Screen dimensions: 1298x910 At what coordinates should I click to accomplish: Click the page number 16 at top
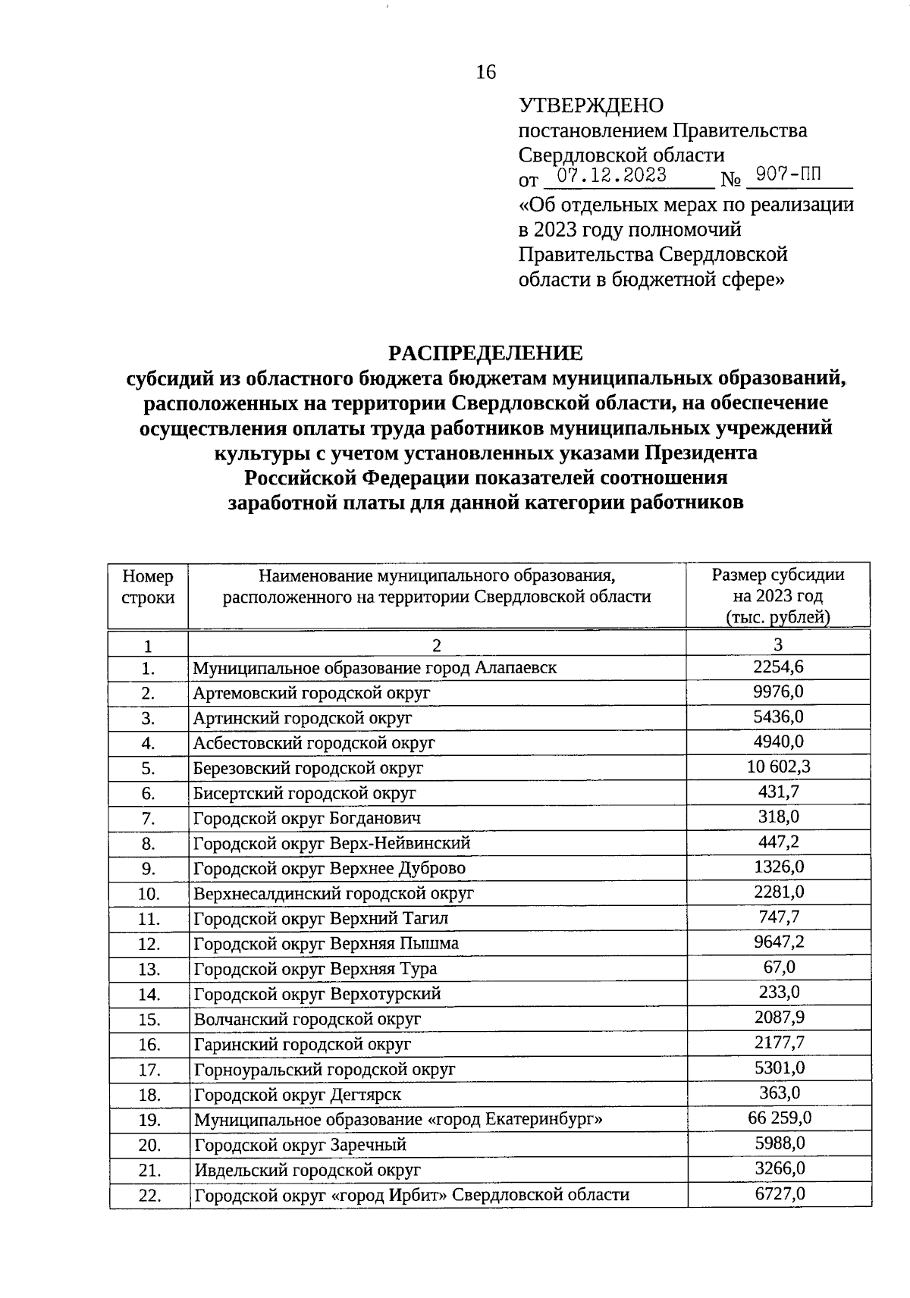tap(485, 72)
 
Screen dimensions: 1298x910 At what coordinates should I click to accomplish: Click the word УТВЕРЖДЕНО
tap(591, 105)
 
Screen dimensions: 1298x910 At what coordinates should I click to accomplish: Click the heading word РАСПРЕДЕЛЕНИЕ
tap(485, 353)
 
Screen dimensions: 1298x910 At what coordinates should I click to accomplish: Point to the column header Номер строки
tap(148, 586)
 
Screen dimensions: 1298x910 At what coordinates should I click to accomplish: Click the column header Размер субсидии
tap(778, 575)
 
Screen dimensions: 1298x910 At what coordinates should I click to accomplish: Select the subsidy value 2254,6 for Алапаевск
tap(778, 667)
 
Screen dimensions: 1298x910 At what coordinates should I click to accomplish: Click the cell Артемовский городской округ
tap(312, 693)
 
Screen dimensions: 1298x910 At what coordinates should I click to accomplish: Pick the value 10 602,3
tap(778, 767)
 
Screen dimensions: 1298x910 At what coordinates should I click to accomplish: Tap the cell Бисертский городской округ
tap(305, 793)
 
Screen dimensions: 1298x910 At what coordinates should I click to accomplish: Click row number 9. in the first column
tap(148, 869)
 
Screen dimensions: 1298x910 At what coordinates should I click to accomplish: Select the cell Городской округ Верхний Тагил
tap(322, 919)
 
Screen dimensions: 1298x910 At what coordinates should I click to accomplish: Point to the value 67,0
tap(779, 967)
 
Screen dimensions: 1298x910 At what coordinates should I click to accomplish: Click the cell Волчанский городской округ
tap(307, 1019)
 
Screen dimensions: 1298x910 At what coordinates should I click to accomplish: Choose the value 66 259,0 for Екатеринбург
tap(779, 1118)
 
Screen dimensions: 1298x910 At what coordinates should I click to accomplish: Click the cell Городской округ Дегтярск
tap(297, 1095)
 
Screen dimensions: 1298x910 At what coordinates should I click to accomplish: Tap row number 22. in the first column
tap(149, 1196)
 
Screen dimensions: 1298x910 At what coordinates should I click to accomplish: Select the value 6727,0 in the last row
tap(779, 1193)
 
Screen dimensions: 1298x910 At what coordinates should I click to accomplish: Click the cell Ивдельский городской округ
tap(307, 1170)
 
